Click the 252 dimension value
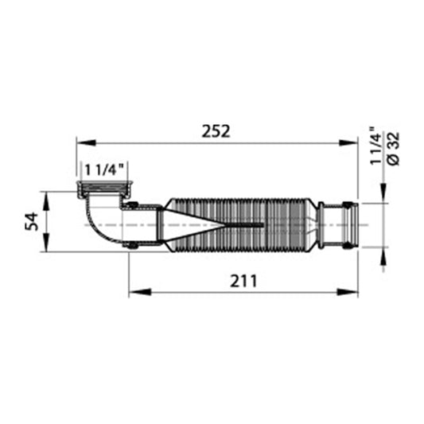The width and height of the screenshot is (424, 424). pyautogui.click(x=216, y=131)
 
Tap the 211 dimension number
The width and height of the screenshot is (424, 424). pyautogui.click(x=243, y=281)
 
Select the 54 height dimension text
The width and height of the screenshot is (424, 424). pyautogui.click(x=32, y=221)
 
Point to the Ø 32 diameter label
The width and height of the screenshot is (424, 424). pyautogui.click(x=393, y=149)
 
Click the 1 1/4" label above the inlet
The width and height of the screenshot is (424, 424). pyautogui.click(x=104, y=170)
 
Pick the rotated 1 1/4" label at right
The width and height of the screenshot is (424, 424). pyautogui.click(x=376, y=146)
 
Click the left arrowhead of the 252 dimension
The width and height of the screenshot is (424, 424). pyautogui.click(x=86, y=142)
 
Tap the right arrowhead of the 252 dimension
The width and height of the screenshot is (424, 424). pyautogui.click(x=348, y=142)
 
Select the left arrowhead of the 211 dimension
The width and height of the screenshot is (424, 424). pyautogui.click(x=139, y=292)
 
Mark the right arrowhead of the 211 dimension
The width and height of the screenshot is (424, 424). pyautogui.click(x=348, y=292)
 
